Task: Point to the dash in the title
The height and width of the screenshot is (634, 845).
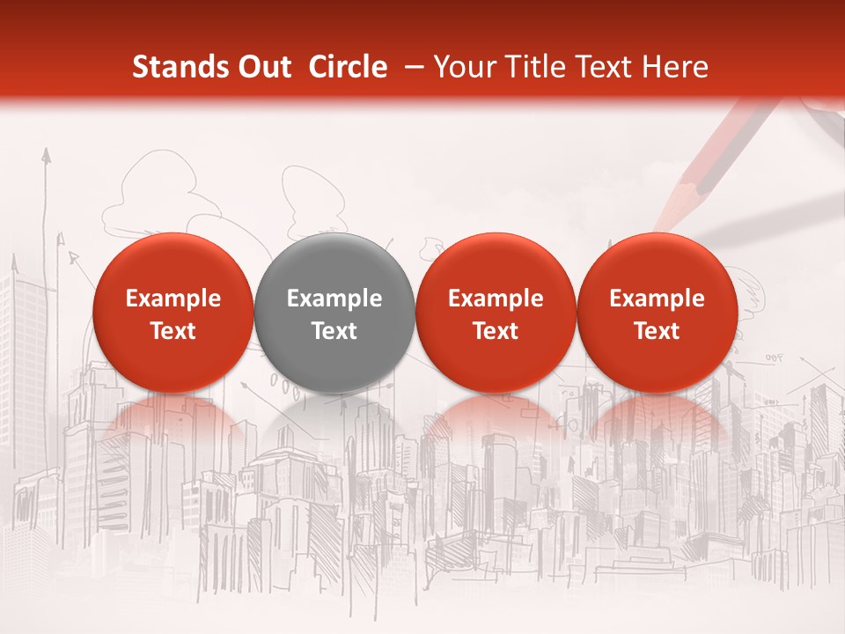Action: pos(412,68)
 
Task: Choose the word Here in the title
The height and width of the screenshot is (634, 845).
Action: pos(677,67)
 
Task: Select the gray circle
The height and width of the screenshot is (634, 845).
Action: pos(334,313)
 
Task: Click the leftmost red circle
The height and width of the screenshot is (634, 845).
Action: pos(173,313)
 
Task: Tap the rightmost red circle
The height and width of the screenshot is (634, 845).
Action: pos(657,313)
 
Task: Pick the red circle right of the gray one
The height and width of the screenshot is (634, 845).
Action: pos(496,313)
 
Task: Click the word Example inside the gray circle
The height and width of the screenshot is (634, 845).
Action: pos(334,299)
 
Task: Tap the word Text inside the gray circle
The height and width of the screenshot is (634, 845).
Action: pos(334,331)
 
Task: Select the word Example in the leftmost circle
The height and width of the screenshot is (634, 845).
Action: pos(173,299)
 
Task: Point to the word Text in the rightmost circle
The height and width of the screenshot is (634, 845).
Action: pos(657,331)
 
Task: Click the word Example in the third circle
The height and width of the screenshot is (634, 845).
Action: pos(496,299)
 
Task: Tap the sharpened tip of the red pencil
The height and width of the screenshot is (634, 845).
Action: pos(662,223)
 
